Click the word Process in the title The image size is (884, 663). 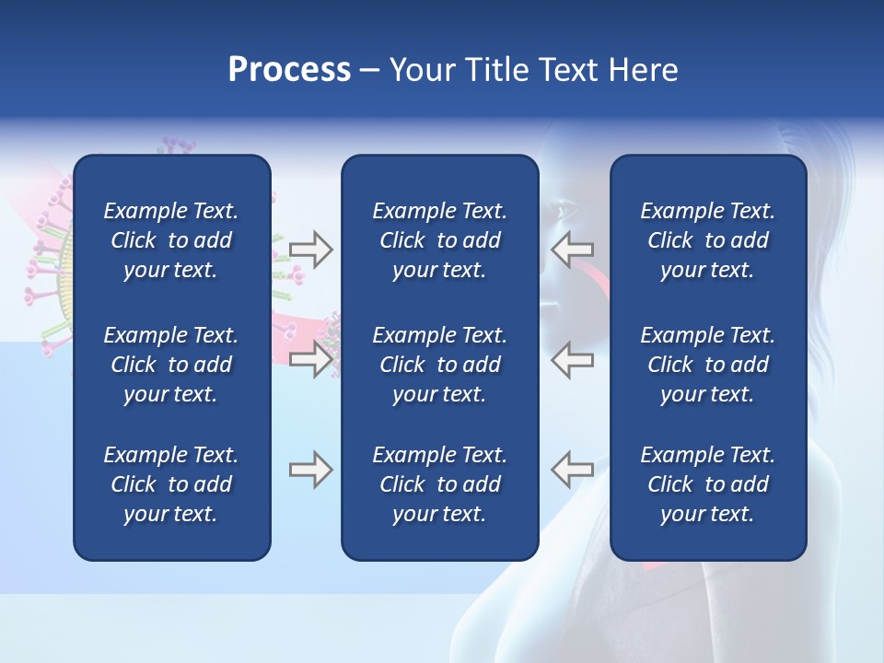click(289, 70)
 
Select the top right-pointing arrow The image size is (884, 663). click(311, 250)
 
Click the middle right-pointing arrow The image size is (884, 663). click(311, 358)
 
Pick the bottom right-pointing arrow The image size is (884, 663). click(311, 470)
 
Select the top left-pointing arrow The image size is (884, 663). click(573, 249)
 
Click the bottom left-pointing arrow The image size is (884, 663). click(573, 469)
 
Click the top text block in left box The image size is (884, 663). click(171, 240)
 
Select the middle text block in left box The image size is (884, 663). click(171, 365)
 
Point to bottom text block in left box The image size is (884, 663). click(171, 484)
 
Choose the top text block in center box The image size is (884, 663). click(439, 240)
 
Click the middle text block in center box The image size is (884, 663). click(439, 365)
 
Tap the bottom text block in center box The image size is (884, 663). click(439, 484)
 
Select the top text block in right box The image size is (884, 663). click(707, 240)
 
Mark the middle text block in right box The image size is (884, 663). click(707, 365)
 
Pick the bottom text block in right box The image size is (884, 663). click(707, 484)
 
